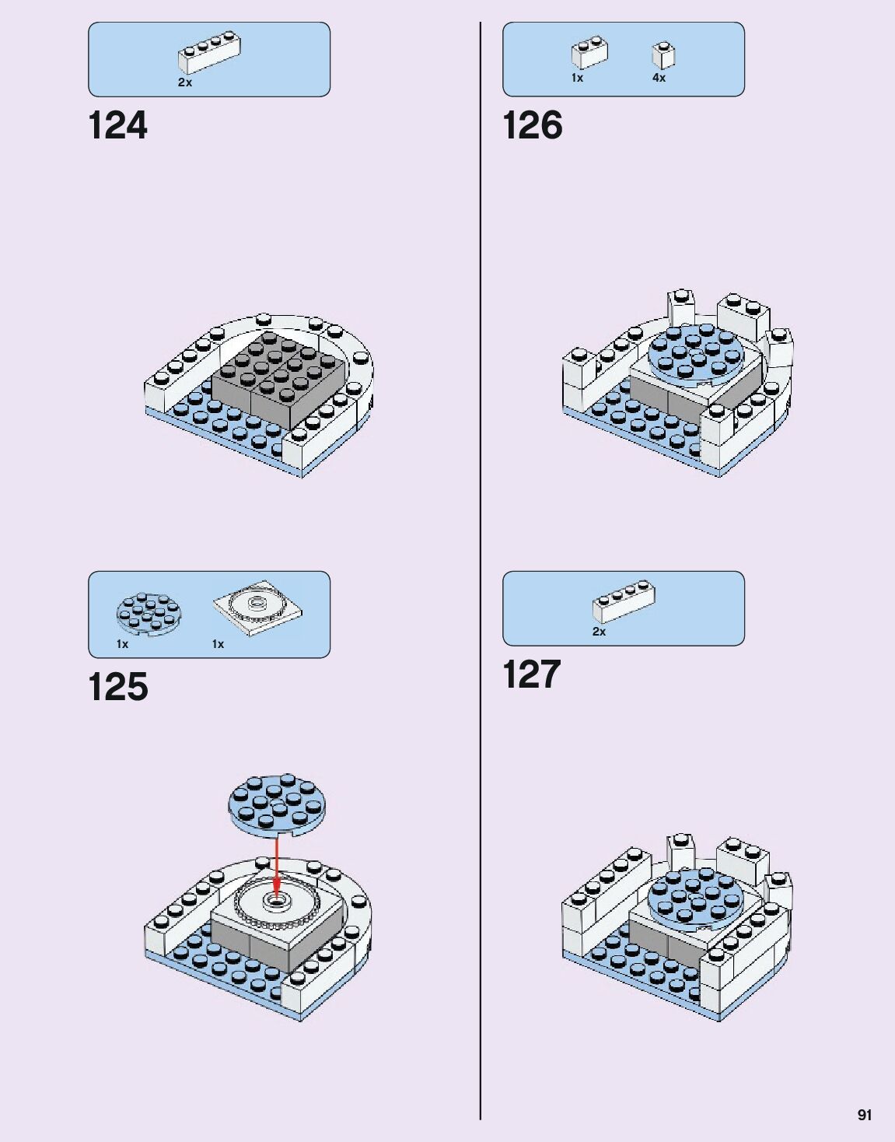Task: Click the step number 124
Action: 117,126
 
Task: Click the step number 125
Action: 117,687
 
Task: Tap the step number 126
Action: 533,126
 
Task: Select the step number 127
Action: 532,674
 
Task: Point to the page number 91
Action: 864,1115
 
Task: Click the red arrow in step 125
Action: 277,864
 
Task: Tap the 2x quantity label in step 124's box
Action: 185,82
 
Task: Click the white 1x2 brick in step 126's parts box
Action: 589,53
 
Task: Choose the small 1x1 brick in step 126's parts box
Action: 663,55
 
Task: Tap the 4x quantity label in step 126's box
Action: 659,78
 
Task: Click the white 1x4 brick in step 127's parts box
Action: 623,601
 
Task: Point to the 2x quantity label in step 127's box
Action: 599,632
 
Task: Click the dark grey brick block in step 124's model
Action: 278,378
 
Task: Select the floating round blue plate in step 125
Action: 278,805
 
